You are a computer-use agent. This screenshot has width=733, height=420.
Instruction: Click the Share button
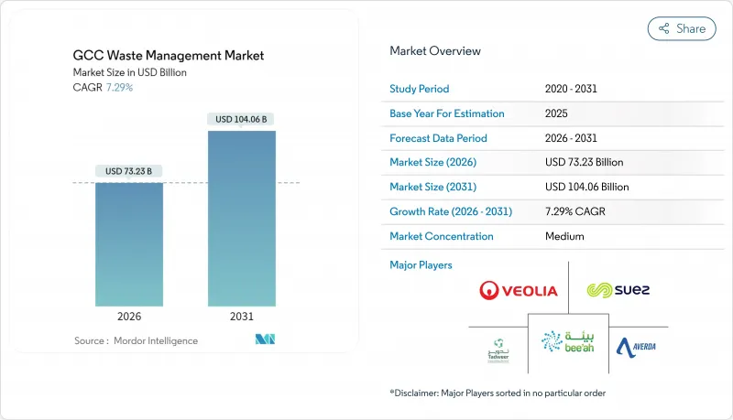[x=682, y=28]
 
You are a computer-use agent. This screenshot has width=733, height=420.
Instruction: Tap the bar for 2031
[x=242, y=219]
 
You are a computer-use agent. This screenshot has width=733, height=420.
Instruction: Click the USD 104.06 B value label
[x=243, y=119]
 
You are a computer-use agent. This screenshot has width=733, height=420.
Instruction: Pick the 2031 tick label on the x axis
[x=242, y=317]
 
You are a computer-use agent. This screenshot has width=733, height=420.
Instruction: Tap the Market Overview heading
[x=435, y=51]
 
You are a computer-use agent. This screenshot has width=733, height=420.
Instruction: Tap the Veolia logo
[x=518, y=291]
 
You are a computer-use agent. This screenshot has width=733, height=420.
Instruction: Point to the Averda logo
[x=636, y=347]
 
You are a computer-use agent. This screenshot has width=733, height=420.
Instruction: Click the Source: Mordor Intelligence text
[x=136, y=340]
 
